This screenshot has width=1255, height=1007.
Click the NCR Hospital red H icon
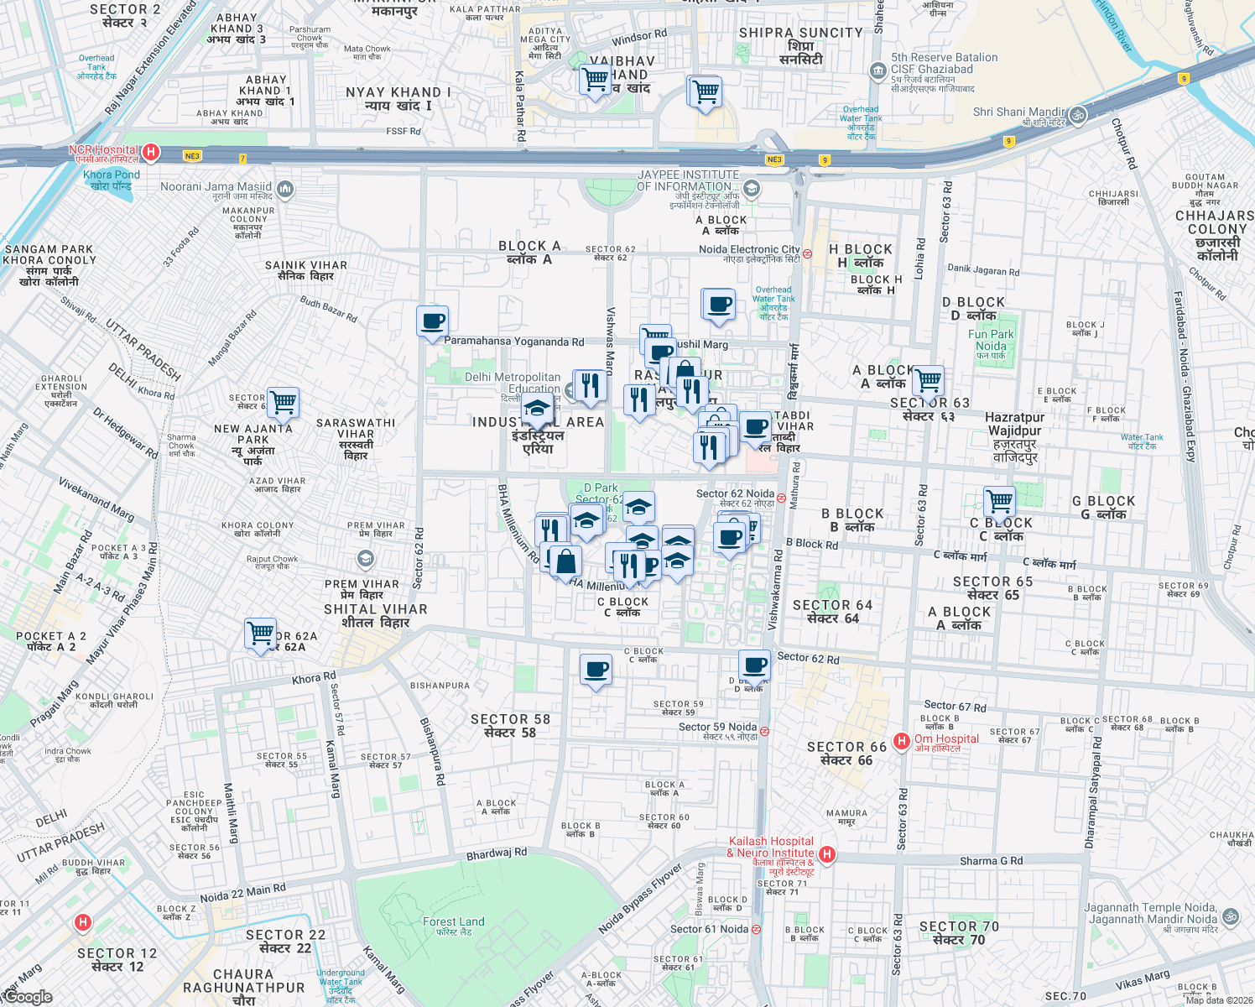pyautogui.click(x=151, y=152)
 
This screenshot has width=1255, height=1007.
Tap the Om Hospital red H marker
pyautogui.click(x=902, y=740)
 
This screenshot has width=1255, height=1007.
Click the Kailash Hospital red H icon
pyautogui.click(x=827, y=854)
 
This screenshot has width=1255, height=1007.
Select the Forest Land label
pyautogui.click(x=453, y=922)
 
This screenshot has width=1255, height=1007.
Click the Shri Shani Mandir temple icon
pyautogui.click(x=1079, y=114)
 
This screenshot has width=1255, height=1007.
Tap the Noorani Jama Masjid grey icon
pyautogui.click(x=285, y=189)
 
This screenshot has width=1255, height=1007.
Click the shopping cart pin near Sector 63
pyautogui.click(x=928, y=380)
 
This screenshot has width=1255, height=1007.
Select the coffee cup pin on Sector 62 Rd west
pyautogui.click(x=432, y=321)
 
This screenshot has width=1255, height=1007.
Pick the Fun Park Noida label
pyautogui.click(x=991, y=340)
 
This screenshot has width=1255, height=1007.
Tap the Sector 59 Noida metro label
pyautogui.click(x=717, y=728)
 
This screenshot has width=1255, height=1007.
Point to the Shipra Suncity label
pyautogui.click(x=800, y=34)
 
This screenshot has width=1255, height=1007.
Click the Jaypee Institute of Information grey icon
pyautogui.click(x=752, y=188)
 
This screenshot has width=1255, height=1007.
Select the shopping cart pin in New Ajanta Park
pyautogui.click(x=283, y=401)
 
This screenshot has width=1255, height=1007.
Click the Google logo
pyautogui.click(x=27, y=997)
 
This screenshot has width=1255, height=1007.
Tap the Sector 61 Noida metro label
pyautogui.click(x=709, y=929)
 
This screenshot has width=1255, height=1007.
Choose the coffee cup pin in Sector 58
pyautogui.click(x=596, y=670)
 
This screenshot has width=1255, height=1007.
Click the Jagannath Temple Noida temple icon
pyautogui.click(x=1231, y=916)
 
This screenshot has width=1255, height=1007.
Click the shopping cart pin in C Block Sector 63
pyautogui.click(x=999, y=502)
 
